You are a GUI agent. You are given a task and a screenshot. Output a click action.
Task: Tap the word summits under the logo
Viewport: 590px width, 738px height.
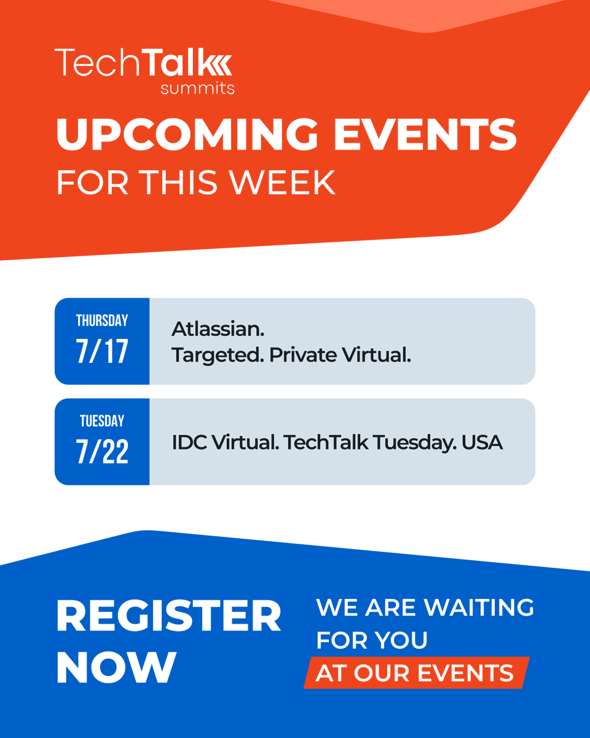(197, 89)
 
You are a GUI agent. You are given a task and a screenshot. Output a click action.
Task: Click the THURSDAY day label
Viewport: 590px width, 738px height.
(102, 320)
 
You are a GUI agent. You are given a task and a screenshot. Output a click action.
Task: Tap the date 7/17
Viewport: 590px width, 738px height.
(102, 352)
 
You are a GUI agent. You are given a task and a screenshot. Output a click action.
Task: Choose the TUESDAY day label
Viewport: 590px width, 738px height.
(102, 421)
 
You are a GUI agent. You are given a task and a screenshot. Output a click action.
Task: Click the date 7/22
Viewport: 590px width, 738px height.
(102, 452)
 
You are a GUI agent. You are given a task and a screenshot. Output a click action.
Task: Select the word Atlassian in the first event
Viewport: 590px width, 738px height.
(218, 330)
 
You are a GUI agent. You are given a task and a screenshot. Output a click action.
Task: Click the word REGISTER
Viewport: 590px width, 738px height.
(168, 617)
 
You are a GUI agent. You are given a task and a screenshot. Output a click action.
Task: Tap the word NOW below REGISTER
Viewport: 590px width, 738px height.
(116, 667)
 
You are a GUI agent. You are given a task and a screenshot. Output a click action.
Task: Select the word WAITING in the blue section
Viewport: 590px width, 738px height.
(479, 608)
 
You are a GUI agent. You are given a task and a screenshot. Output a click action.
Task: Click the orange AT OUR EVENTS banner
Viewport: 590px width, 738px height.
(415, 673)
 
